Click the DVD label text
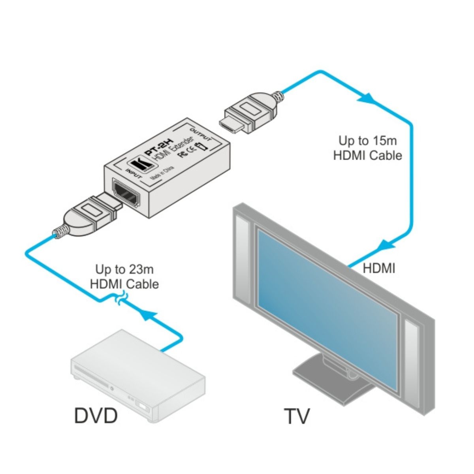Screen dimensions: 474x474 tap(96, 416)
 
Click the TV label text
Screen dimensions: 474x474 tap(297, 416)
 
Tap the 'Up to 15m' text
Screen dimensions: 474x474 tap(367, 141)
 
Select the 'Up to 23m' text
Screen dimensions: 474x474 tap(124, 270)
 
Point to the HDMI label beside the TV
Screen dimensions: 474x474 tap(379, 269)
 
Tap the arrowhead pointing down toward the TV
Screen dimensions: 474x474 tap(384, 245)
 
